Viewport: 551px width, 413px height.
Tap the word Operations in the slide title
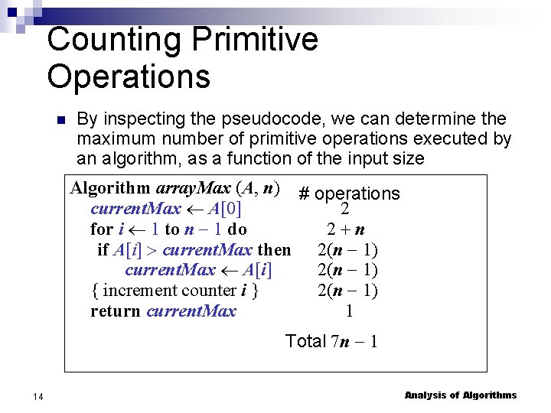[x=129, y=76]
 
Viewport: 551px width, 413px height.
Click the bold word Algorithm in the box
[x=110, y=188]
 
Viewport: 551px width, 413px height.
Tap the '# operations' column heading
[x=349, y=193]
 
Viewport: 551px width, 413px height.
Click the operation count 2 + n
[x=346, y=229]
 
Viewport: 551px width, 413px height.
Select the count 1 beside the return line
[x=349, y=311]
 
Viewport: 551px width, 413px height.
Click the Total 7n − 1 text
[x=331, y=341]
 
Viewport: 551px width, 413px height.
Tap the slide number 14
[x=37, y=395]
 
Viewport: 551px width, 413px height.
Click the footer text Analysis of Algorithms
[x=461, y=395]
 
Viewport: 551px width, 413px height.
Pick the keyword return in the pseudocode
[x=116, y=311]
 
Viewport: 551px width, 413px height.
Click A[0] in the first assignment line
[x=225, y=209]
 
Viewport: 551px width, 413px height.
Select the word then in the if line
[x=274, y=249]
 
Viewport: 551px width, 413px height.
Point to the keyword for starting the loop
[x=101, y=229]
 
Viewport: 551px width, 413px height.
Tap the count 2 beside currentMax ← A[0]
[x=345, y=209]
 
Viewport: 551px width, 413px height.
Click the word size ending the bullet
[x=407, y=159]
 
